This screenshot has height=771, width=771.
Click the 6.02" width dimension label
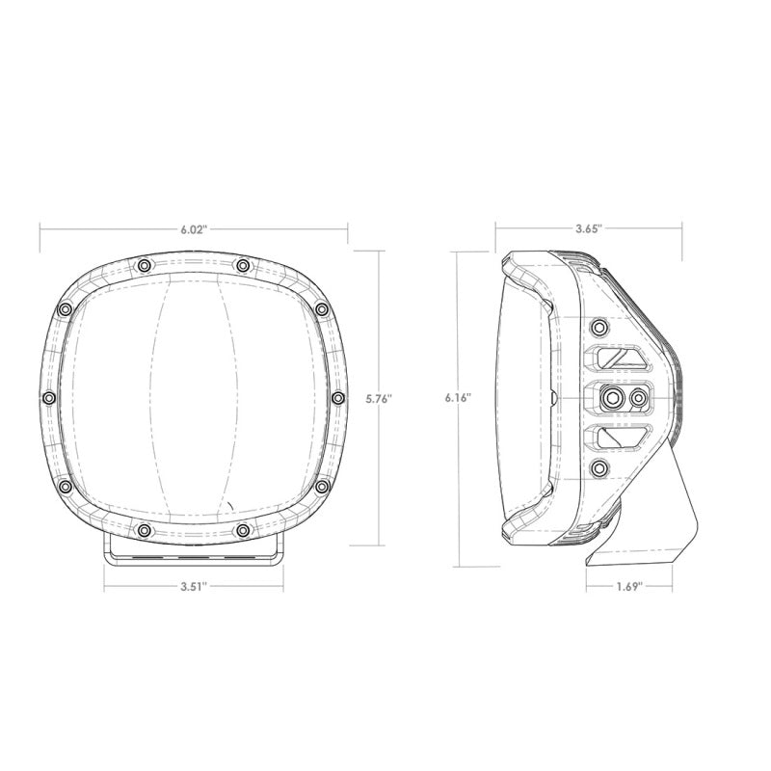pyautogui.click(x=194, y=229)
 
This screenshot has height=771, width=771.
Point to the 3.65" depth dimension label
pyautogui.click(x=588, y=229)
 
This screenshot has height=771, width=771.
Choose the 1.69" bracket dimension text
pyautogui.click(x=628, y=585)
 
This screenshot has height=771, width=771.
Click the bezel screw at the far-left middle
pyautogui.click(x=48, y=397)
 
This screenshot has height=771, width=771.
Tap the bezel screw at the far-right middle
pyautogui.click(x=337, y=397)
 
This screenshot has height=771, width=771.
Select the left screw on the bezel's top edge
pyautogui.click(x=144, y=265)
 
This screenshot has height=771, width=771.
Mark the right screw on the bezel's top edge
pyautogui.click(x=242, y=265)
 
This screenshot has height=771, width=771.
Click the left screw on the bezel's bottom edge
pyautogui.click(x=144, y=529)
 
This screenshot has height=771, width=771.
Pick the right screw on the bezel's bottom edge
pyautogui.click(x=242, y=529)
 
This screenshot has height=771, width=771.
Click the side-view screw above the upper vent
pyautogui.click(x=599, y=326)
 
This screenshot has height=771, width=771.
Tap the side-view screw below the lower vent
pyautogui.click(x=599, y=469)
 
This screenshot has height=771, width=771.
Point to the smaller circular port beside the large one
pyautogui.click(x=637, y=397)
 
